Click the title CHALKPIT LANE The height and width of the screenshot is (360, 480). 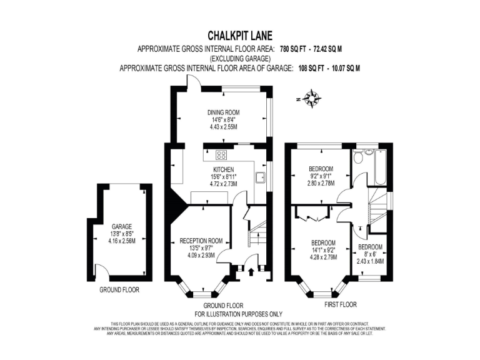(239, 36)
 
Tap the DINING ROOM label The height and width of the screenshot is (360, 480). (224, 112)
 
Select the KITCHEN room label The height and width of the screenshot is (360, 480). (223, 170)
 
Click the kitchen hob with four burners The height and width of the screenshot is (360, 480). (221, 156)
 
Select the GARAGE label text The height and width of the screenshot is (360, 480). (122, 226)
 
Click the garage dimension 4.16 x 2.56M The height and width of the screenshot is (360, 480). (122, 241)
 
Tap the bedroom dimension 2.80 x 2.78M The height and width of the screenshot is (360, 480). (321, 184)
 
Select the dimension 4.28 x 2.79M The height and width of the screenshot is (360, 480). (324, 257)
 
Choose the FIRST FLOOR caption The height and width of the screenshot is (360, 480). (340, 305)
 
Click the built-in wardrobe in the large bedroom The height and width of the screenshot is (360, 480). (308, 218)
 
